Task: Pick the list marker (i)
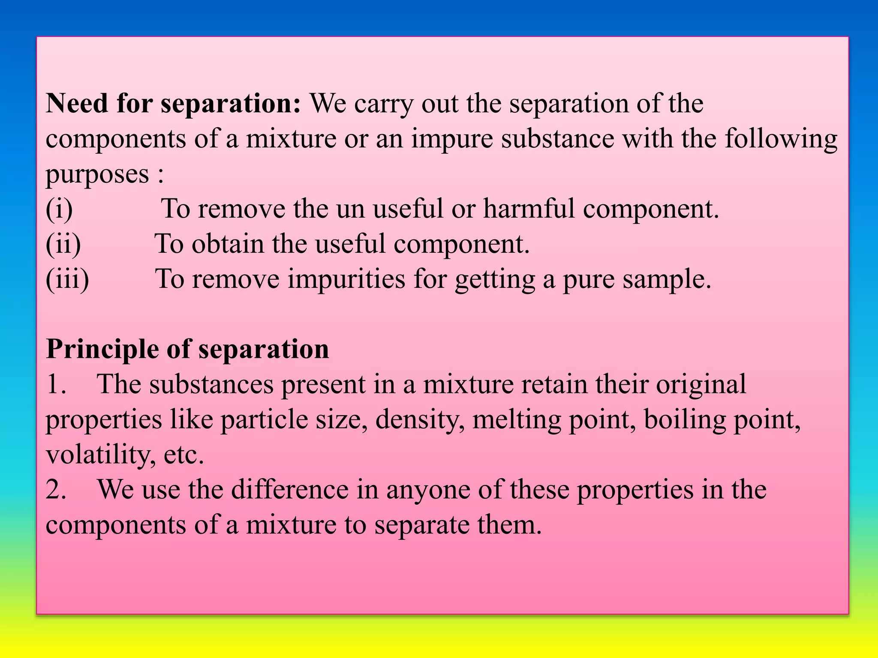(x=59, y=209)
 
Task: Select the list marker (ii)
(x=63, y=245)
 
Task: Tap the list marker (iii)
(x=67, y=280)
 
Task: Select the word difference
(x=290, y=490)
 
